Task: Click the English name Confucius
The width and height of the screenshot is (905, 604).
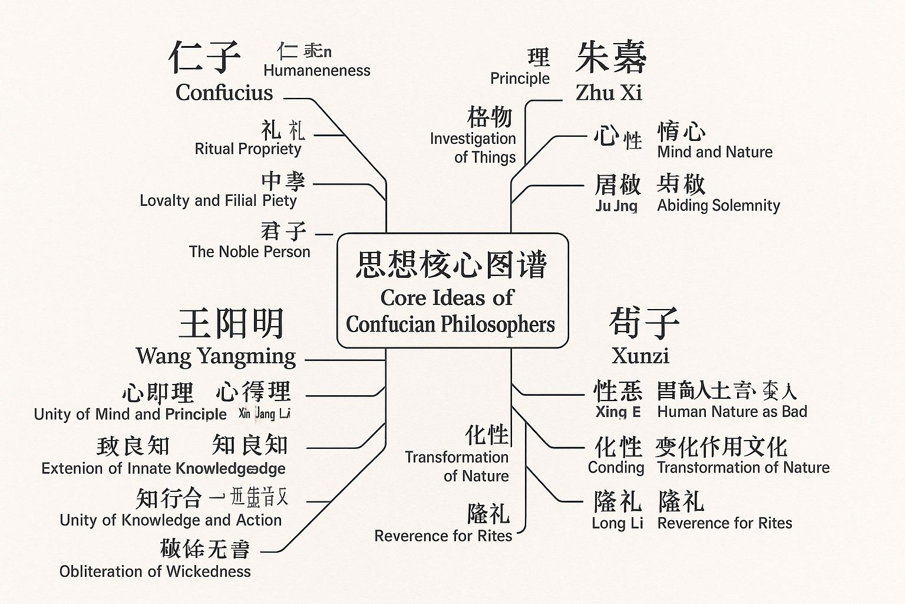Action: coord(224,93)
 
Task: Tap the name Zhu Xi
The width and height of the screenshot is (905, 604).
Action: coord(609,93)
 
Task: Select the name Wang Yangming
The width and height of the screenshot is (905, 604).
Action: coord(216,356)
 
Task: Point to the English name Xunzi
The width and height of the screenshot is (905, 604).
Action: coord(640,356)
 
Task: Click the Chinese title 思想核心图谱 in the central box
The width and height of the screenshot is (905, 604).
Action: coord(452,264)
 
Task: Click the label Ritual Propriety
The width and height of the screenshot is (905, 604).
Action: coord(248,149)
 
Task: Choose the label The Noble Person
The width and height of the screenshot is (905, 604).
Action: coord(249,252)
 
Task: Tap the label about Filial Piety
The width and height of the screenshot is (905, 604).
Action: coord(218,201)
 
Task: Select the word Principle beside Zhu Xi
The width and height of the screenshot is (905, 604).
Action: coord(520,78)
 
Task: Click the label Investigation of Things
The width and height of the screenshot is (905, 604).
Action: coord(473,147)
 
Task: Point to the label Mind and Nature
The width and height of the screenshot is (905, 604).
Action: coord(715,152)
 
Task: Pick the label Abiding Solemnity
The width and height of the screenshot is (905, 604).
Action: coord(718,205)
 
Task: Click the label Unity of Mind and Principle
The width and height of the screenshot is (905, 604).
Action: coord(130,414)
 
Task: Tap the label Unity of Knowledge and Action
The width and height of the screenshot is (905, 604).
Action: coord(171,520)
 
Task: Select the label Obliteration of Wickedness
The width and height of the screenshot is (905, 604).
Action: coord(155,572)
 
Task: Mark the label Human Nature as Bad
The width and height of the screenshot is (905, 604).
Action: coord(732,412)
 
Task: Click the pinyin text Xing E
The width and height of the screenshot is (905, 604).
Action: coord(617,412)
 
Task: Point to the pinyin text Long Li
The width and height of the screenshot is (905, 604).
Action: coord(617,523)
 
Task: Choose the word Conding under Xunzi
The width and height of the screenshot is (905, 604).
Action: coord(616,468)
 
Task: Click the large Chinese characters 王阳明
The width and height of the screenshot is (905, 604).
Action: coord(232,323)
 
